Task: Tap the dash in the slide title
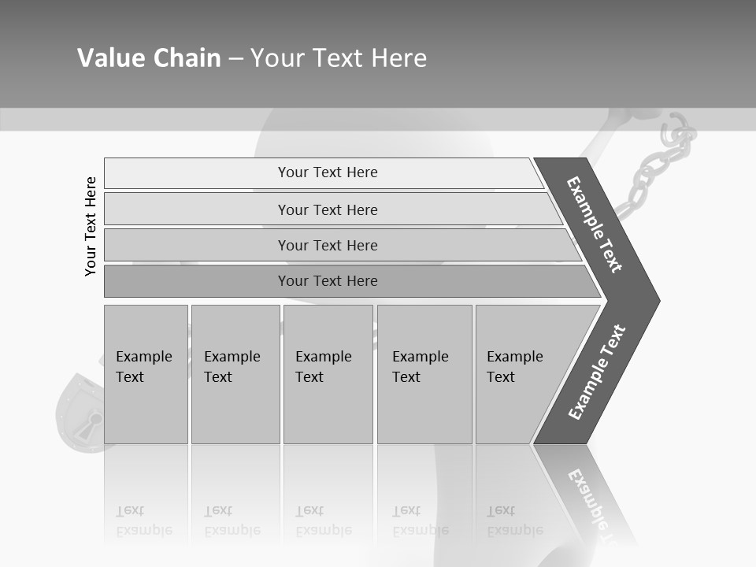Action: pyautogui.click(x=235, y=59)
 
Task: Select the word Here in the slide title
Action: pyautogui.click(x=398, y=58)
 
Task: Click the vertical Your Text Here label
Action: pyautogui.click(x=91, y=226)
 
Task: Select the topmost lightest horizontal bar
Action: pyautogui.click(x=328, y=172)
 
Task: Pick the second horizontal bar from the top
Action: pyautogui.click(x=328, y=209)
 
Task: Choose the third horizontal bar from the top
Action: pyautogui.click(x=328, y=245)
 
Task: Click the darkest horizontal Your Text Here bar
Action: pyautogui.click(x=328, y=281)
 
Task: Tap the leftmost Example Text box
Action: pyautogui.click(x=146, y=374)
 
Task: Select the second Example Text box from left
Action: pyautogui.click(x=235, y=374)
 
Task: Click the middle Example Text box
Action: pyautogui.click(x=328, y=374)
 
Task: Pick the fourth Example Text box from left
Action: pyautogui.click(x=424, y=374)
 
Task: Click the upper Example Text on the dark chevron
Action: pyautogui.click(x=595, y=224)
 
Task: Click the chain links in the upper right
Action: pyautogui.click(x=654, y=173)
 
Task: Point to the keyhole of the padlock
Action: pyautogui.click(x=94, y=421)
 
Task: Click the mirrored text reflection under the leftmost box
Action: pyautogui.click(x=143, y=521)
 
